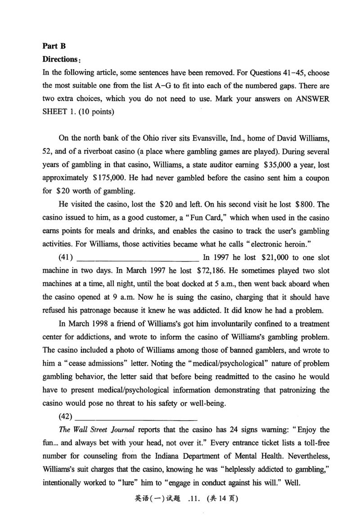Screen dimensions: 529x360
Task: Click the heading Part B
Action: (x=54, y=45)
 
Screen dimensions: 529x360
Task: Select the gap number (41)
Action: (x=66, y=258)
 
